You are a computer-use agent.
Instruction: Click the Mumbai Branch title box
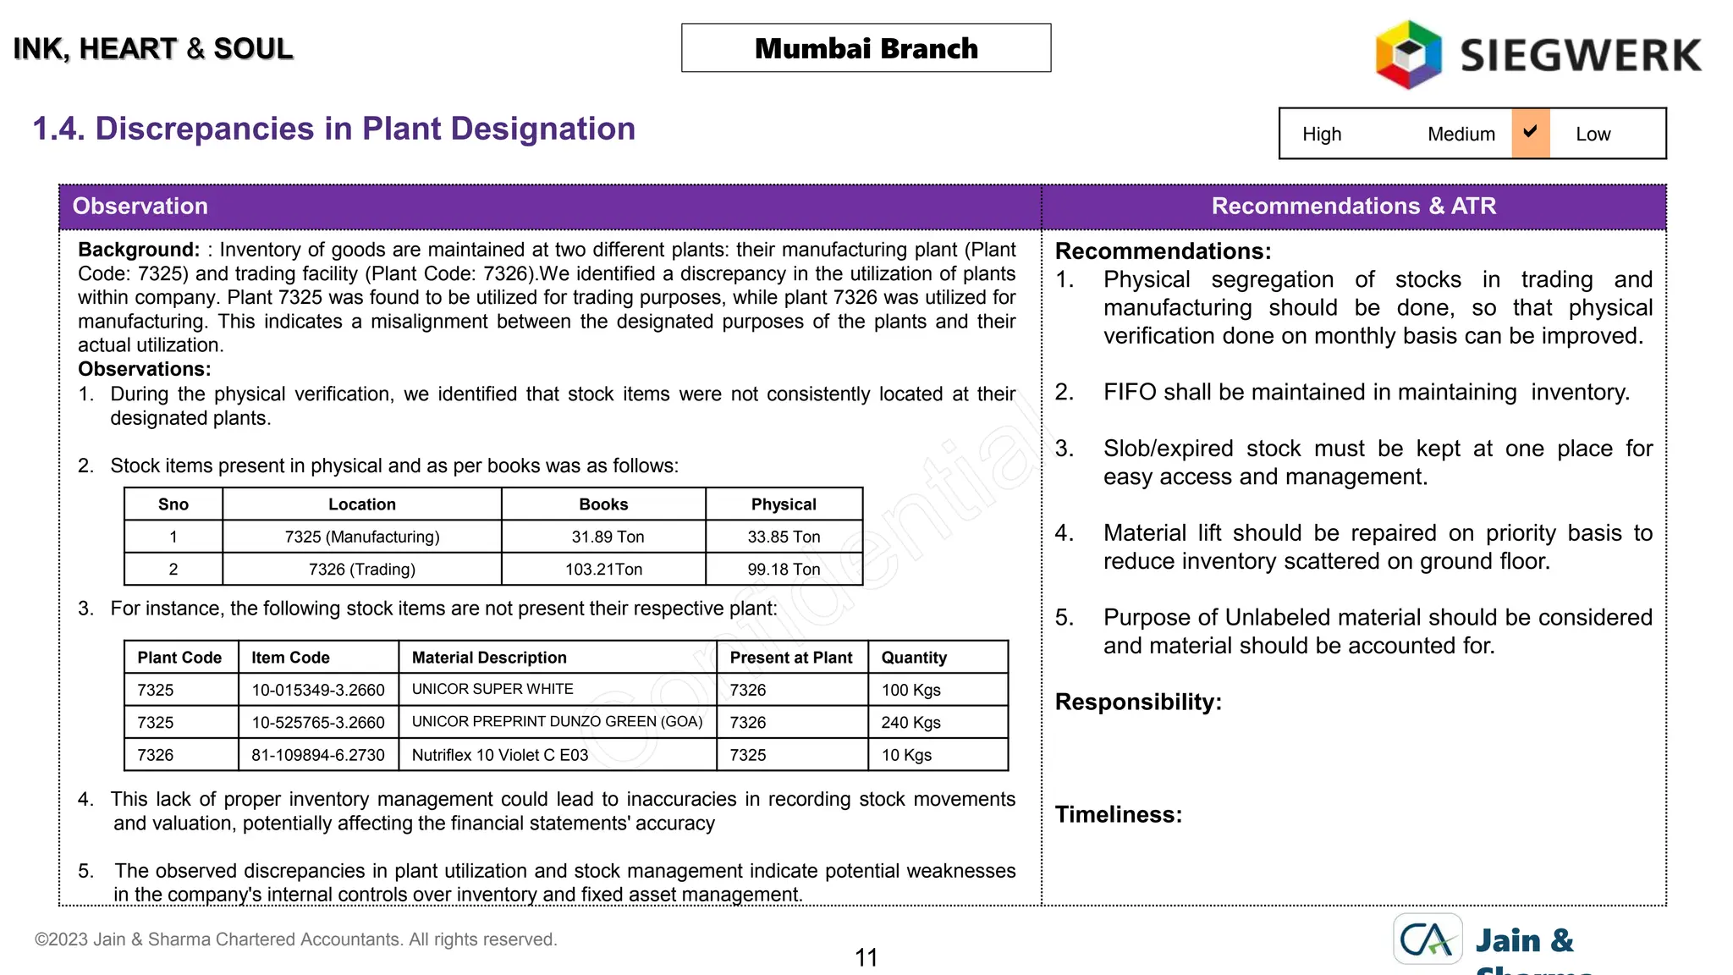(866, 48)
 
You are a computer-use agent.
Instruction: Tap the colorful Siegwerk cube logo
(1408, 55)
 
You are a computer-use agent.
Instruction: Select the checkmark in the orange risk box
(1530, 132)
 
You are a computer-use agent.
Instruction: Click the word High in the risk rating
(1321, 135)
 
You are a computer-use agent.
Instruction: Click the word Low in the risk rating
(1593, 135)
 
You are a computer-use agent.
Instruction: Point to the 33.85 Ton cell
(784, 537)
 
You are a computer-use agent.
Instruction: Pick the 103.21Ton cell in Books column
(603, 570)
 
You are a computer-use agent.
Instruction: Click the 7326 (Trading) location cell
(361, 570)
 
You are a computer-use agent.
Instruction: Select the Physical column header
(784, 504)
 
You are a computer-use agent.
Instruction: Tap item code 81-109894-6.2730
(317, 755)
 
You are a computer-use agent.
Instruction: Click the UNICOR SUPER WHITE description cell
(492, 689)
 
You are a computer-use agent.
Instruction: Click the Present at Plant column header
(790, 658)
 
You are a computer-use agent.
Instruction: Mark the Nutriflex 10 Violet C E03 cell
(499, 755)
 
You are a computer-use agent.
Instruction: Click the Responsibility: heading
(1138, 702)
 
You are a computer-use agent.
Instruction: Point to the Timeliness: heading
(1118, 814)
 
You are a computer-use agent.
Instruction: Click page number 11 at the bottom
(866, 957)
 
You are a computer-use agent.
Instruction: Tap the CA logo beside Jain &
(1428, 939)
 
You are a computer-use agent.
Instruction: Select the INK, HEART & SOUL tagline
(153, 49)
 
